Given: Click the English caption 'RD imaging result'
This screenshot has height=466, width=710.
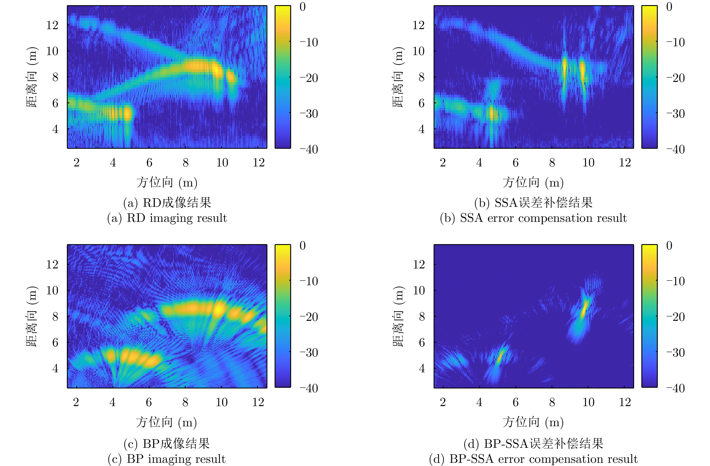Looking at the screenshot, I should coord(167,218).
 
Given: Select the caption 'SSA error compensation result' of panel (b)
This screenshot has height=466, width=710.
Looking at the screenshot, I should coord(533,218).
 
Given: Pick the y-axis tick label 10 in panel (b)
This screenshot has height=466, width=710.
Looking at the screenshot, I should coord(418,51).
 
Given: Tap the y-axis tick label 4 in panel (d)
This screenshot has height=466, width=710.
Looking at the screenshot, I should coord(421,369).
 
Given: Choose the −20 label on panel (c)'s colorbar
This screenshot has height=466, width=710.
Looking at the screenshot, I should coord(309,317).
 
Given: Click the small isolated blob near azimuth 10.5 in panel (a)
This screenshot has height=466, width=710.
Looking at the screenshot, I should coord(231,77).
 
